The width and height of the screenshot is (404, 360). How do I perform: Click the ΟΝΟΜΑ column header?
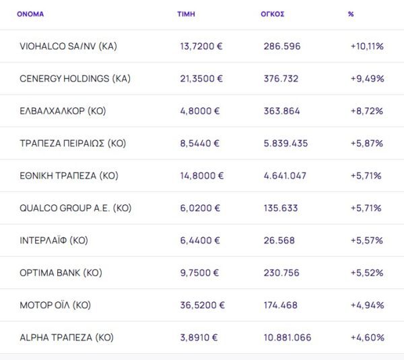tap(30, 13)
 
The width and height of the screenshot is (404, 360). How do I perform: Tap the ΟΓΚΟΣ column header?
tap(273, 13)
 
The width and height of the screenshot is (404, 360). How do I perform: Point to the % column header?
tap(351, 13)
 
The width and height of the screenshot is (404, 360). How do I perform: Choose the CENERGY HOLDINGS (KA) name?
tap(75, 78)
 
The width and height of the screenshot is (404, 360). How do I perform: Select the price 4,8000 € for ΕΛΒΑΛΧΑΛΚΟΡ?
tap(201, 111)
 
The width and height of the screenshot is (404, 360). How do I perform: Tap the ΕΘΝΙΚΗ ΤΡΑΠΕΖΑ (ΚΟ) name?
tap(69, 175)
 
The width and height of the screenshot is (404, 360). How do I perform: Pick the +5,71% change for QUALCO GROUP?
tap(366, 208)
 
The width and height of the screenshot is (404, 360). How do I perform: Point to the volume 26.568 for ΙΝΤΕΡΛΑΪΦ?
tap(279, 240)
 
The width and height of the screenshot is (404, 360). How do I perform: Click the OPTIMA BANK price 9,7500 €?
tap(201, 272)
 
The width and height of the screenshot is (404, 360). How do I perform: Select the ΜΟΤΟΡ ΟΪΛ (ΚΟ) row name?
tap(55, 305)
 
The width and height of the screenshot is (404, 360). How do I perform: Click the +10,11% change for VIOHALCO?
tap(367, 46)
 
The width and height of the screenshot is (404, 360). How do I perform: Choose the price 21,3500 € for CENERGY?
tap(201, 78)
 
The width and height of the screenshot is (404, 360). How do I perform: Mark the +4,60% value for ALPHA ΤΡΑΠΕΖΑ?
tap(367, 337)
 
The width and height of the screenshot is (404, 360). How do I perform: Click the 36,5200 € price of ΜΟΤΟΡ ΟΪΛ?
tap(203, 305)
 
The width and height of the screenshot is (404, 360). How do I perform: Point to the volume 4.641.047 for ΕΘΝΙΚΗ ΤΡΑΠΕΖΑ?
tap(286, 175)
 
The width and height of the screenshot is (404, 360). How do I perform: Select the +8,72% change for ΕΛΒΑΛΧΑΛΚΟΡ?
tap(367, 111)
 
